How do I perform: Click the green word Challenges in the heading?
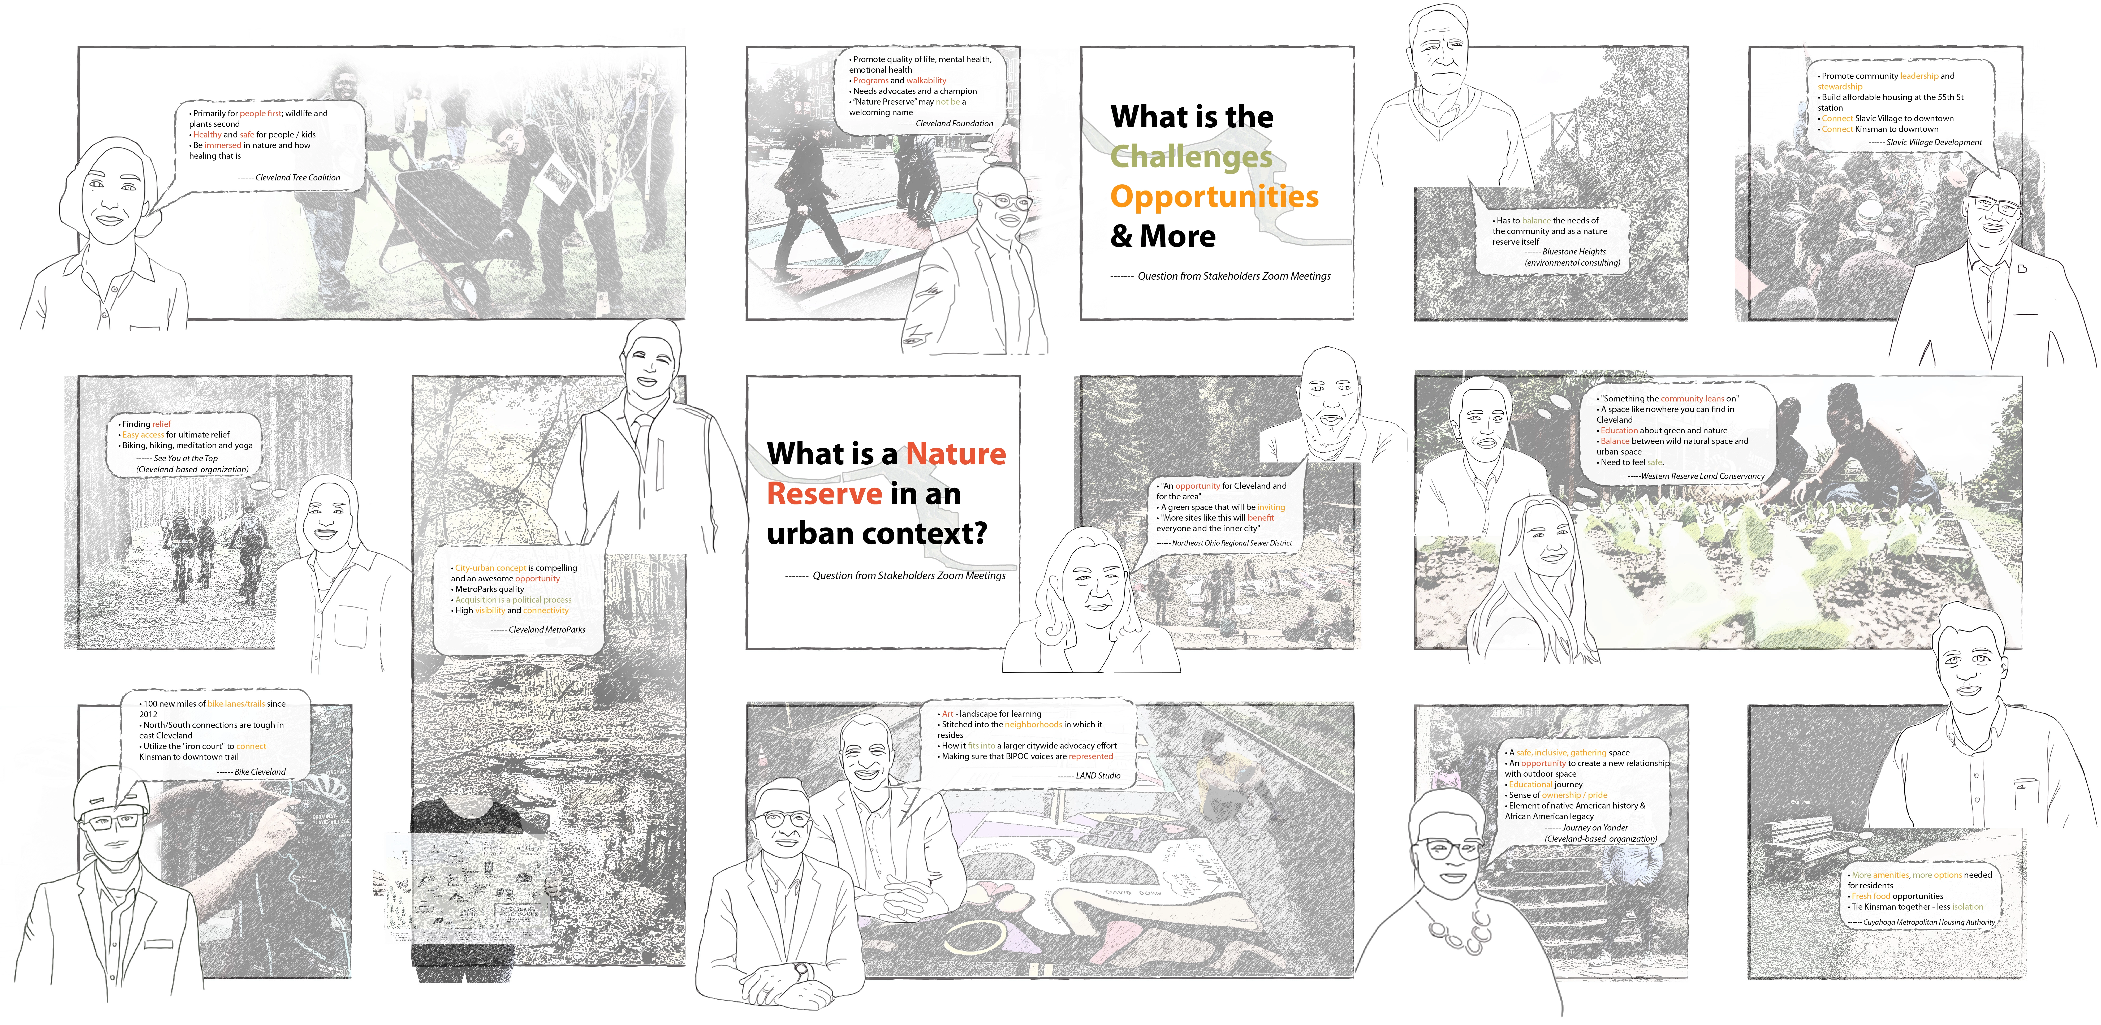(1191, 157)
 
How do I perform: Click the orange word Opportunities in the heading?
(1214, 197)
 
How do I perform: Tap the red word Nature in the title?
(957, 453)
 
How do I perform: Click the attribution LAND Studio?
(1098, 776)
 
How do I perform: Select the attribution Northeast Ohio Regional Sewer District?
(1232, 543)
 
